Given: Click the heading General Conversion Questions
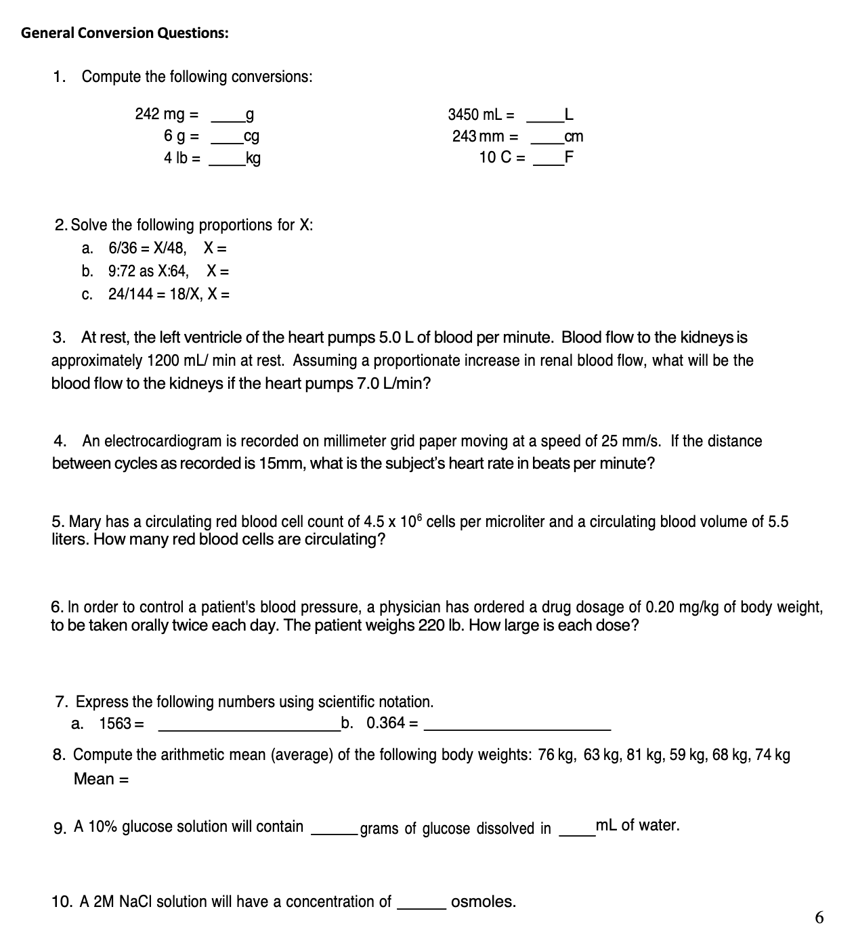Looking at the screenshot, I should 125,33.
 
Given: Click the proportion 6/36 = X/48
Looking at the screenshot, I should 148,248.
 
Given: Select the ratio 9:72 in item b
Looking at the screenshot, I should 123,272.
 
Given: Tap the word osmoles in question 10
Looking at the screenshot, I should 484,902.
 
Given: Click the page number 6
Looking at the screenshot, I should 820,918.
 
